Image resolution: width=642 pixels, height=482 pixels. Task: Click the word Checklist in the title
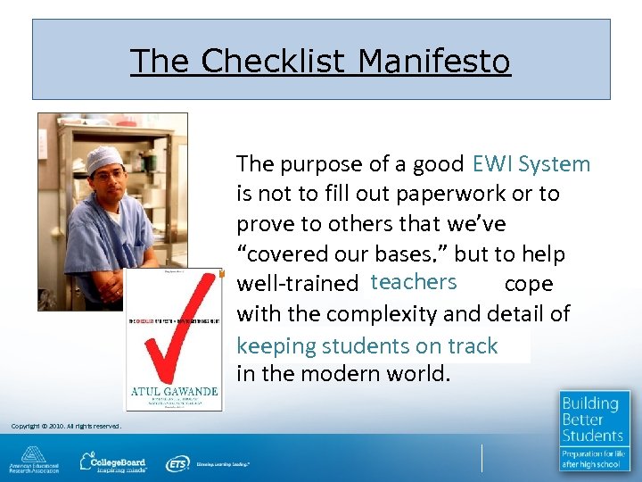[x=272, y=62]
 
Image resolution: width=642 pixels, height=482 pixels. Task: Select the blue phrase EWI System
[x=531, y=164]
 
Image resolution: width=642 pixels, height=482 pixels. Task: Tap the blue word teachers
[x=414, y=282]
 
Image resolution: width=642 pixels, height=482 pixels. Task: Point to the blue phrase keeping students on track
[x=366, y=345]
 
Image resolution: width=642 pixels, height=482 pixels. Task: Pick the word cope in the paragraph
[x=528, y=284]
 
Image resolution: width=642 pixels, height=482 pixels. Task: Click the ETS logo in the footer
[x=178, y=463]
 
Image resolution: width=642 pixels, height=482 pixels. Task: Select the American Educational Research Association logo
[x=34, y=461]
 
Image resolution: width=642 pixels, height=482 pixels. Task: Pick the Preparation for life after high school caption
[x=594, y=460]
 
